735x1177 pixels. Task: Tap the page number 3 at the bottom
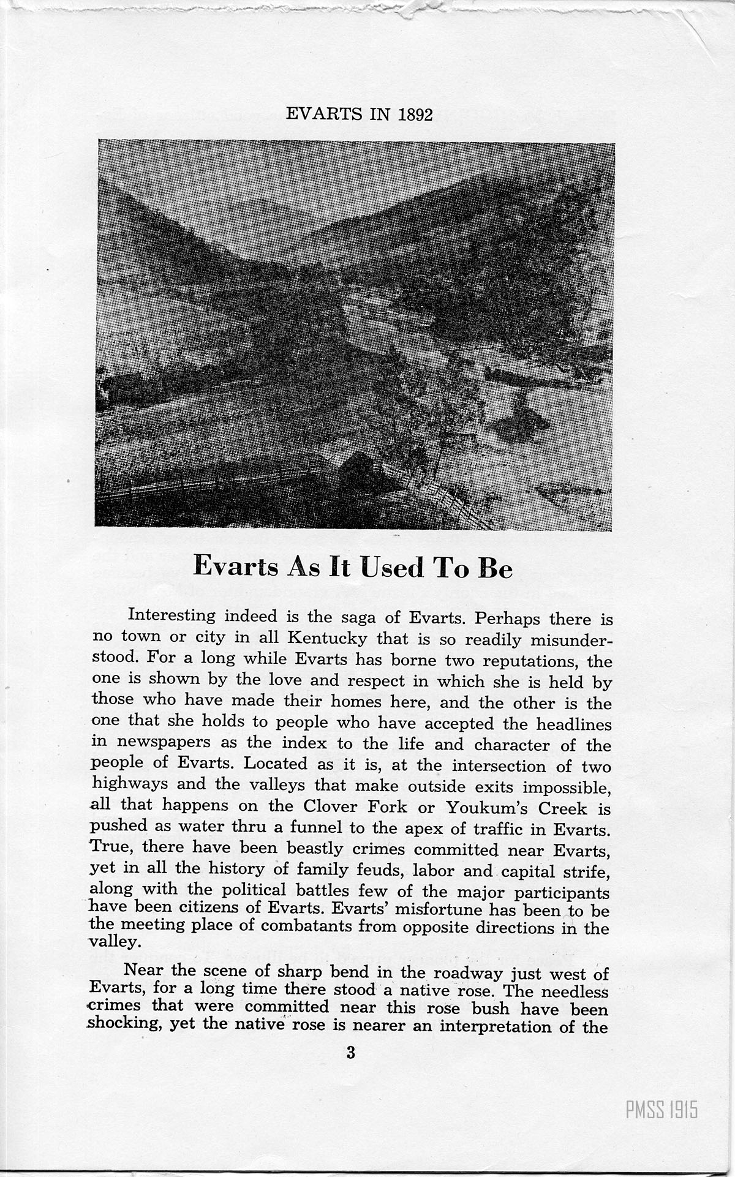point(350,1053)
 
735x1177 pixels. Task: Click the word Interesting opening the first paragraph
point(171,616)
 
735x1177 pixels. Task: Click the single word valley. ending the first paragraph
point(111,943)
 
